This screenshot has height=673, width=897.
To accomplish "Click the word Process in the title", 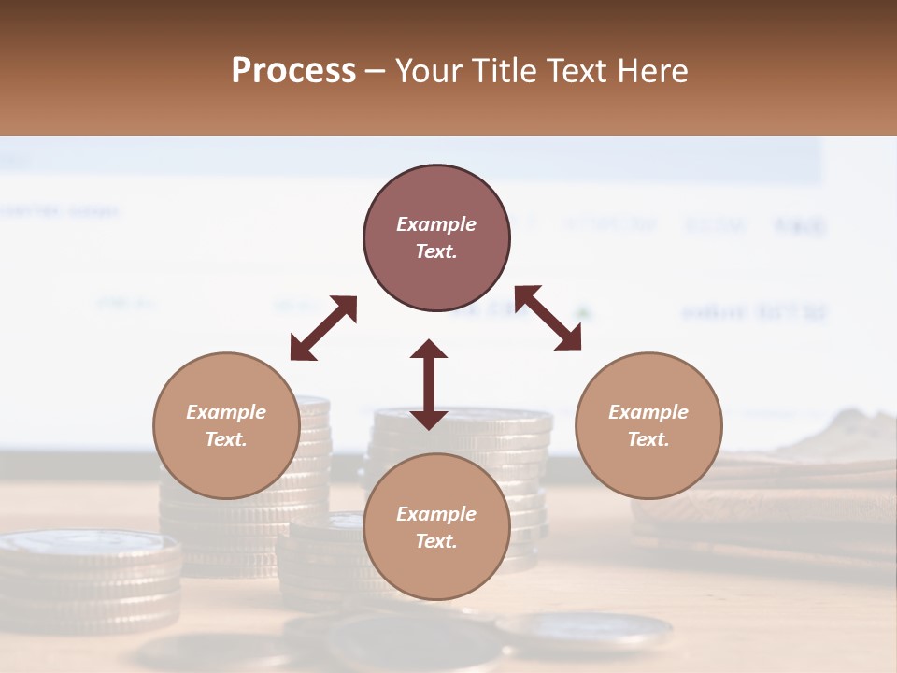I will click(x=293, y=71).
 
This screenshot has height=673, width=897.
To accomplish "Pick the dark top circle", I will click(x=436, y=238).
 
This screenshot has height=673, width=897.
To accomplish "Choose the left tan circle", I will click(x=226, y=426).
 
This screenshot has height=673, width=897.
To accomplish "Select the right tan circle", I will click(x=648, y=426).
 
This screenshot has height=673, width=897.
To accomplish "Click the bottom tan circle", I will click(x=436, y=527).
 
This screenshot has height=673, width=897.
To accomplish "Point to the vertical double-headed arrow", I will click(x=429, y=384).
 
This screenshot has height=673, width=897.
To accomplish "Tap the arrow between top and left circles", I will click(x=323, y=328).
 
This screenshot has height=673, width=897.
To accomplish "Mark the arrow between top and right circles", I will click(x=548, y=318).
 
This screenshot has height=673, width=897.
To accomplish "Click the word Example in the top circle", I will click(x=436, y=224).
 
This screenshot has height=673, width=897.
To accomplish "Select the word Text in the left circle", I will click(x=226, y=440).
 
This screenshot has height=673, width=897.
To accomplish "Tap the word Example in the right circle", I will click(x=648, y=412).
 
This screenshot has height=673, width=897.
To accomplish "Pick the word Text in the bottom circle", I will click(x=436, y=542).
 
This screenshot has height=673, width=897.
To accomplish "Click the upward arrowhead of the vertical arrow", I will click(x=429, y=349).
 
